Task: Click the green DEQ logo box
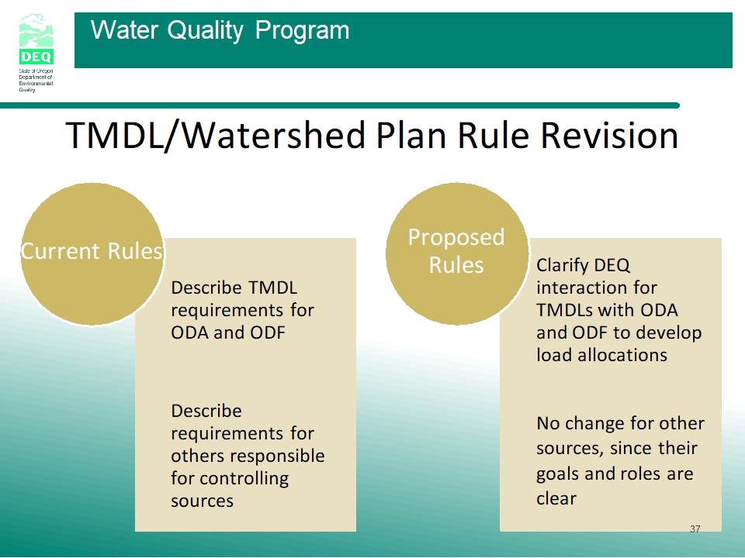(x=36, y=57)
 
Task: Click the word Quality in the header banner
(x=205, y=30)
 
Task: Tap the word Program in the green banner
(x=302, y=31)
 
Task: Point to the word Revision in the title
(x=610, y=135)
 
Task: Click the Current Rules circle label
(x=92, y=251)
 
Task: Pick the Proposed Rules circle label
(x=456, y=250)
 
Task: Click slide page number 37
(x=695, y=529)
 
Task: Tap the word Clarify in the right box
(x=560, y=266)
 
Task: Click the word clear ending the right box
(x=556, y=498)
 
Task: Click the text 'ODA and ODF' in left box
(x=228, y=332)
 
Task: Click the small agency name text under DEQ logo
(x=36, y=80)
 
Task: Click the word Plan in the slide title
(x=411, y=135)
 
